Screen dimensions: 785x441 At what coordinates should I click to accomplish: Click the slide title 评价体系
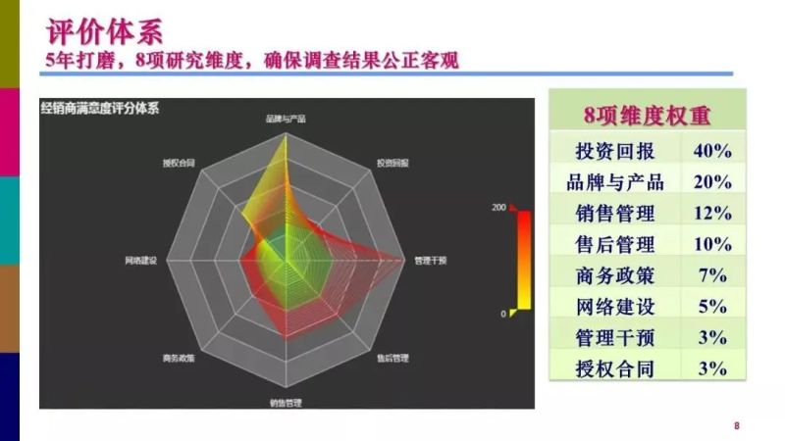pos(105,31)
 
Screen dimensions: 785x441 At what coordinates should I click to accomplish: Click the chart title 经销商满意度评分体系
pos(100,108)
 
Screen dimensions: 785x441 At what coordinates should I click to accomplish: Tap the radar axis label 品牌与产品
pos(286,119)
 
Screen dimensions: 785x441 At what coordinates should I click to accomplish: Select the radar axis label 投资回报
pos(392,163)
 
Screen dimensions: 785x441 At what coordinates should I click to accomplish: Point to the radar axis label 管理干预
pos(430,261)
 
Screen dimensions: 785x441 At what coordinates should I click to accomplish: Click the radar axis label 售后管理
pos(392,358)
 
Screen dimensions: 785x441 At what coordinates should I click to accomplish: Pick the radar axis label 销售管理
pos(286,403)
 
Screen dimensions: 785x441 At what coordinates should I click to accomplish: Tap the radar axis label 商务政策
pos(179,358)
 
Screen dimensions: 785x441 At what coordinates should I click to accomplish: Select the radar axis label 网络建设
pos(140,261)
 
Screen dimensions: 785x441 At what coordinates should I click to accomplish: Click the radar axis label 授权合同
pos(179,163)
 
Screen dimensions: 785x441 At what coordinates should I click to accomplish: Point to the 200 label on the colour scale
pos(498,207)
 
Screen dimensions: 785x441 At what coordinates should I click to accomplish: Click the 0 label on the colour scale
pos(503,314)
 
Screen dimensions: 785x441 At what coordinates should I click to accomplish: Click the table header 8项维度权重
pos(647,115)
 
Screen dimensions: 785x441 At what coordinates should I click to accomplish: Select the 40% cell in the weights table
pos(712,151)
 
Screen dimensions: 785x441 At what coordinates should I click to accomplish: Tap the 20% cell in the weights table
pos(712,182)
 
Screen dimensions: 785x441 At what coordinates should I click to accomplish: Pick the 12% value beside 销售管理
pos(712,214)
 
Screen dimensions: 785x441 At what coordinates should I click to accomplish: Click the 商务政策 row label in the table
pos(615,275)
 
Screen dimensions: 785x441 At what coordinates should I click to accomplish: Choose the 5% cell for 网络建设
pos(712,307)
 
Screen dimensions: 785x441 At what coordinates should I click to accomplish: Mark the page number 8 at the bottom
pos(737,425)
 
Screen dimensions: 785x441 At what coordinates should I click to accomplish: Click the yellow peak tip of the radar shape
pos(286,133)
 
